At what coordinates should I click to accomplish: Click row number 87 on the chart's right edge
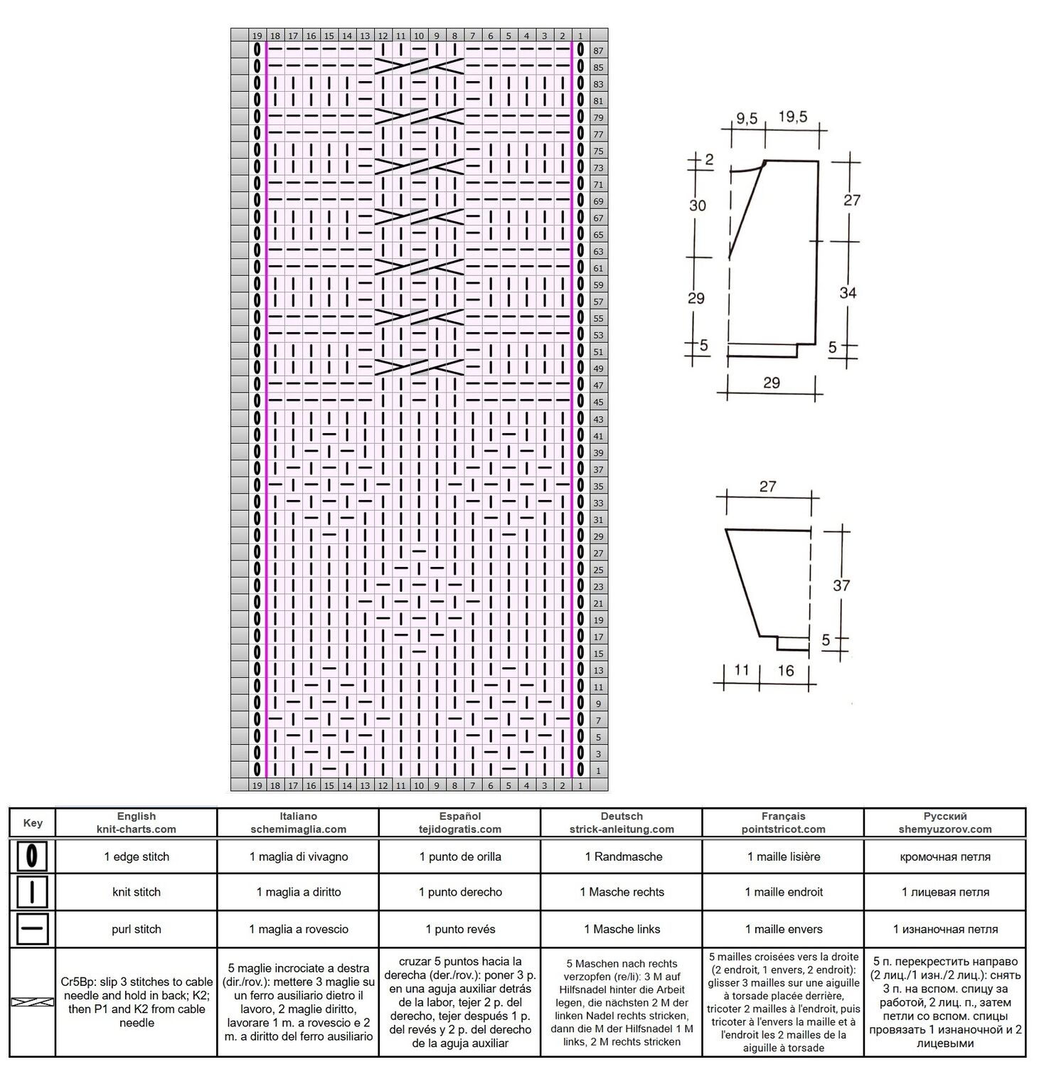pos(598,51)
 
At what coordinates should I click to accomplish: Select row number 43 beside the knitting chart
pos(598,420)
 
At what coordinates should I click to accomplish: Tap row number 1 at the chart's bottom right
pos(598,771)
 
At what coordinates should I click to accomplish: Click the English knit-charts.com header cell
pos(137,822)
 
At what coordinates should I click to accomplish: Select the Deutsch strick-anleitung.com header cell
pos(622,822)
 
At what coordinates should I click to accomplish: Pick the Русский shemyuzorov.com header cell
pos(945,822)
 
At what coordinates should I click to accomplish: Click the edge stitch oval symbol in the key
pos(32,856)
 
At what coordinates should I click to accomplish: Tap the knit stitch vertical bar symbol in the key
pos(32,892)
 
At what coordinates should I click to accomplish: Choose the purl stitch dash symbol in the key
pos(32,929)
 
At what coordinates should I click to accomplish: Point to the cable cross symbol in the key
pos(32,1002)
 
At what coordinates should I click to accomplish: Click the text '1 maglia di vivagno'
pos(299,856)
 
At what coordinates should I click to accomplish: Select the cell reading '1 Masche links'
pos(622,929)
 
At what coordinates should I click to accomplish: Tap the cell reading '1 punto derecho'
pos(460,892)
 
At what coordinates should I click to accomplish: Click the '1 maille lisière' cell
pos(784,856)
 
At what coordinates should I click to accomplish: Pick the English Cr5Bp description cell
pos(137,1002)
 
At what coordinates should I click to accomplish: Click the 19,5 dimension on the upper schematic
pos(792,117)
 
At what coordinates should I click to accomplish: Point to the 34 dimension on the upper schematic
pos(848,292)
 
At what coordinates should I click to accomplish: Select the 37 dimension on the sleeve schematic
pos(841,585)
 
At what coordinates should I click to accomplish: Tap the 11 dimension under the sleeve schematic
pos(742,670)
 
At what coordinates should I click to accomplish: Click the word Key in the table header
pos(33,823)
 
